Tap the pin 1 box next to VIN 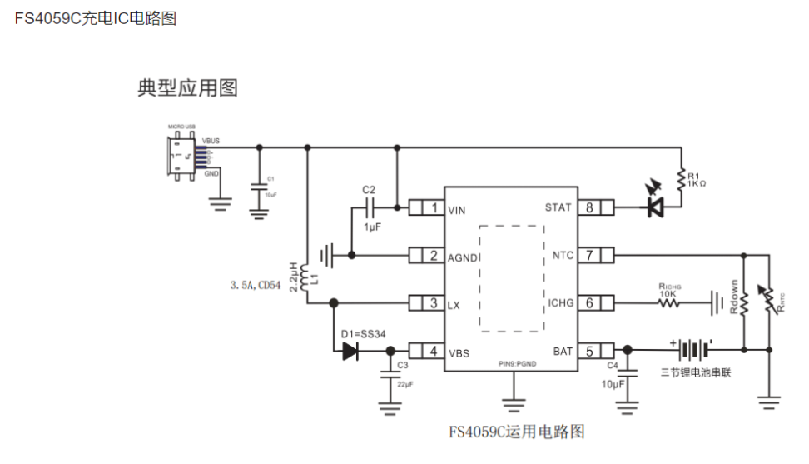[425, 208]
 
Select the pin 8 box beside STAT [597, 207]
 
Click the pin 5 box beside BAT [597, 351]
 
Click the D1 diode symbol [351, 352]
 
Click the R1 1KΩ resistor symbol [681, 179]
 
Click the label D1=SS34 [363, 334]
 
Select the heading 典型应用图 [187, 87]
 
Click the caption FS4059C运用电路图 [517, 432]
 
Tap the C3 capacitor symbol [389, 374]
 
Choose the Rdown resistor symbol [743, 302]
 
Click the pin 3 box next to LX [425, 303]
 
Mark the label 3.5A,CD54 [256, 285]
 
